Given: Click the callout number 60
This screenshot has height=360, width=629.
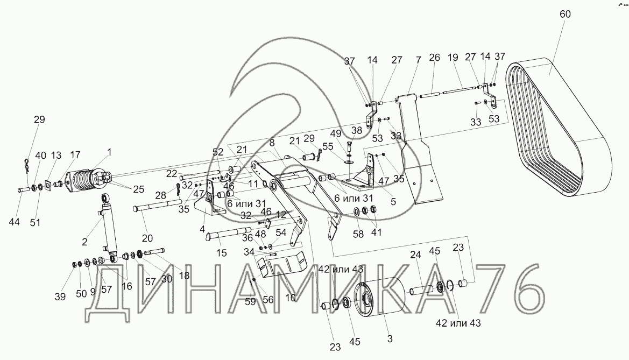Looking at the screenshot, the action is tap(565, 15).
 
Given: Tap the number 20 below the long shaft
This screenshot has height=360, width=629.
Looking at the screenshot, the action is tap(147, 238).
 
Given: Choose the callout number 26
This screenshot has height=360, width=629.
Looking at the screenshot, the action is tap(434, 58).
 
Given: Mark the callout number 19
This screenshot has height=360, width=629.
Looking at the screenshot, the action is tap(452, 58).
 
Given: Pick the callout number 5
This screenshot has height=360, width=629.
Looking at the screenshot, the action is tap(393, 201).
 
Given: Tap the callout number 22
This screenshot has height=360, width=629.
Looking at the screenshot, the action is tap(172, 173).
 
